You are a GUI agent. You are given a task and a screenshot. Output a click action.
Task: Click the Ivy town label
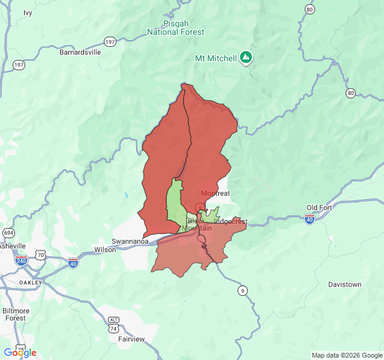[x=28, y=13]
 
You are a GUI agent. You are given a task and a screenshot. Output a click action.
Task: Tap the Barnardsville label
[x=80, y=52]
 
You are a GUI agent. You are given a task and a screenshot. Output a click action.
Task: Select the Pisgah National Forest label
[x=176, y=28]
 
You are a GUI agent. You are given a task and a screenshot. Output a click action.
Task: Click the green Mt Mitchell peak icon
[x=245, y=58]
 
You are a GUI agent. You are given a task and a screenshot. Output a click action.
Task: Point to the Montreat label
[x=215, y=193]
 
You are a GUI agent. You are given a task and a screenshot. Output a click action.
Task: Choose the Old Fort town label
[x=319, y=208]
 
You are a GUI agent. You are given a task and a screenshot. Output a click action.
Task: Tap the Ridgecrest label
[x=230, y=221]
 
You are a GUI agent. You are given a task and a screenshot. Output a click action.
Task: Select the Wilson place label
[x=105, y=250]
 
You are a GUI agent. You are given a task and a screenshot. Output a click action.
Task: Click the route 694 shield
[x=8, y=232]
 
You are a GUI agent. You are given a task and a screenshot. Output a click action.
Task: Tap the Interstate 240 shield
[x=21, y=260]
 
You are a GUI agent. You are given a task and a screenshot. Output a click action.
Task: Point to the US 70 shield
[x=40, y=255]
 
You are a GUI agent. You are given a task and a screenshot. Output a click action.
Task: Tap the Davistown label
[x=345, y=284]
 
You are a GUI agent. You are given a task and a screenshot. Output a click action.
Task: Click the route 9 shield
[x=242, y=291]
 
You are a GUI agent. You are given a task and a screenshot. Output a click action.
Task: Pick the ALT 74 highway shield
[x=113, y=324]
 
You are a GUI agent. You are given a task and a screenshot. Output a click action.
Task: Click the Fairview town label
[x=131, y=339]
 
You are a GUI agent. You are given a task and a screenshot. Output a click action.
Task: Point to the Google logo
[x=20, y=353]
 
